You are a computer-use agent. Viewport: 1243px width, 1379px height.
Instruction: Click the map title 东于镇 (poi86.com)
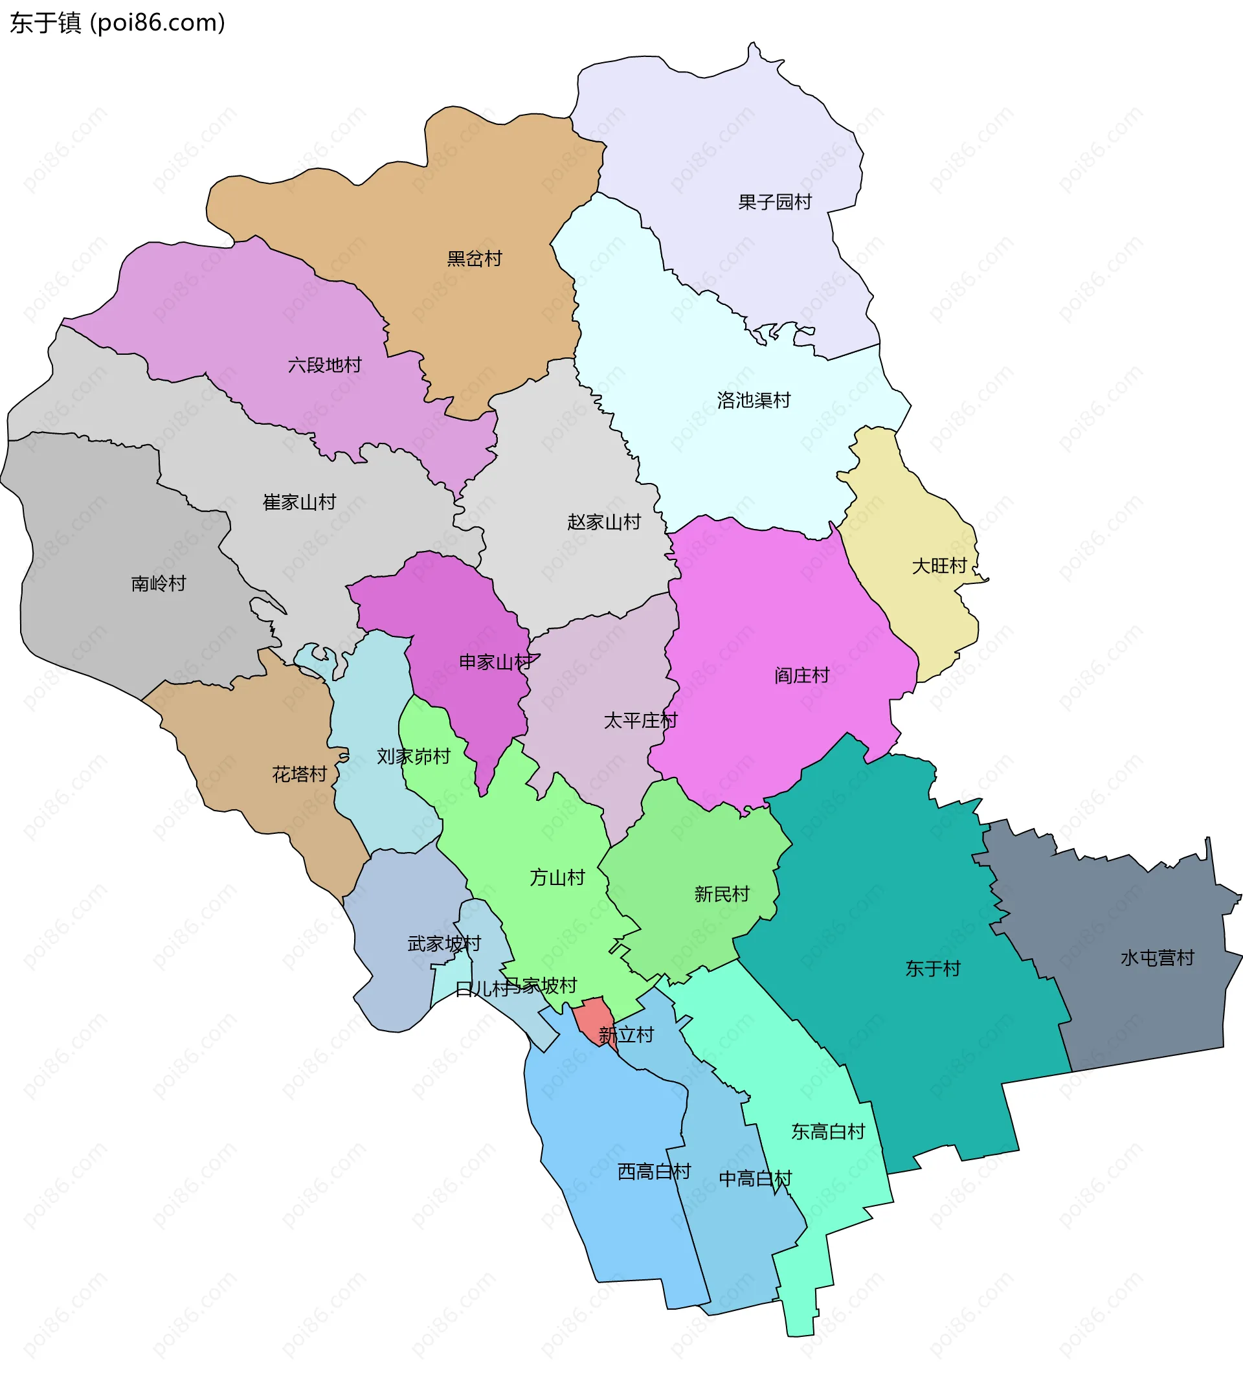[117, 23]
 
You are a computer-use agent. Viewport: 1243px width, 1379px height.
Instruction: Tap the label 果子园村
[774, 202]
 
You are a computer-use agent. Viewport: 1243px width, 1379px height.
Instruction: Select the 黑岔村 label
[474, 259]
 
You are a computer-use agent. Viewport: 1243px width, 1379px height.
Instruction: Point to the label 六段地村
[324, 365]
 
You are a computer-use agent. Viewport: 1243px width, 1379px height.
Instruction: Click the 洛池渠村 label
[754, 400]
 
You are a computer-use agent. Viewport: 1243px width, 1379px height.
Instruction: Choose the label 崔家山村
[299, 502]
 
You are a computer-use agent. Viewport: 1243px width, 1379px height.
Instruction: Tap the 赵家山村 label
[604, 522]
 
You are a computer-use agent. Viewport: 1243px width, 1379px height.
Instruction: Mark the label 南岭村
[159, 584]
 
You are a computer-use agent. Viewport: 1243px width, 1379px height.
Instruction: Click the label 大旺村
[939, 566]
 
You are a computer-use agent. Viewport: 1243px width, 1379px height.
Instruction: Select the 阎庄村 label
[802, 676]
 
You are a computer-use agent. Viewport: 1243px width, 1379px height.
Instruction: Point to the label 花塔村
[299, 774]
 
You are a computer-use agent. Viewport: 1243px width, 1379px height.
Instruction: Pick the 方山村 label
[557, 878]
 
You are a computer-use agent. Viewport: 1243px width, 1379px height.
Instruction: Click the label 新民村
[722, 894]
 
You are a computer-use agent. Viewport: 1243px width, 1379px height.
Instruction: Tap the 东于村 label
[932, 969]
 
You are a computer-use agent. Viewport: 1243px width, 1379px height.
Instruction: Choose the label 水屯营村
[1157, 958]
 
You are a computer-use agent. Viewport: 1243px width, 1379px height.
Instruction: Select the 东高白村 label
[828, 1132]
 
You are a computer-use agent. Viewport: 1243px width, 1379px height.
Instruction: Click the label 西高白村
[654, 1172]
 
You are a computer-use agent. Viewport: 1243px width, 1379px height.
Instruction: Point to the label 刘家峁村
[413, 757]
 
